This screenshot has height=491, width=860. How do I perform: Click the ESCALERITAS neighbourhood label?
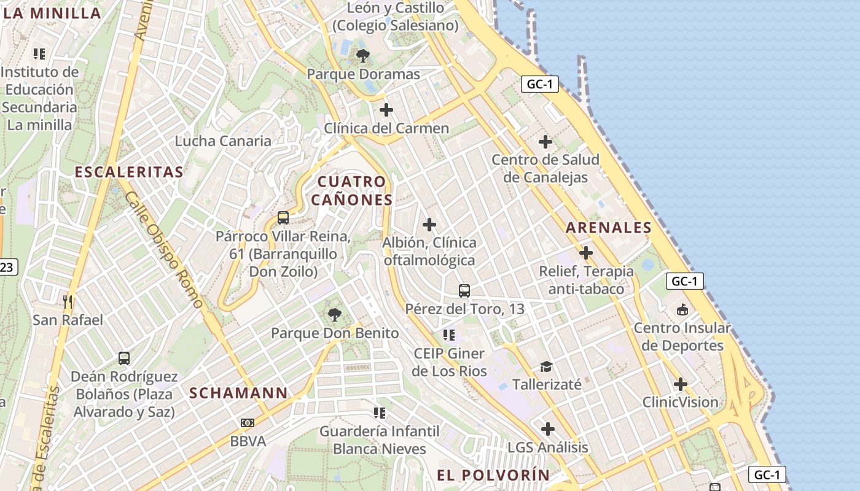coord(129,172)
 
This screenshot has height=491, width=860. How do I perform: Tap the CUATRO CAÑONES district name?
coord(351,190)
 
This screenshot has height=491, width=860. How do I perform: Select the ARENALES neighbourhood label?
coord(608,228)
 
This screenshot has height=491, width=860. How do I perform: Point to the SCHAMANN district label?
coord(238,393)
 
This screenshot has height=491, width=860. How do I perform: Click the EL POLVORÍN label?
coord(493,475)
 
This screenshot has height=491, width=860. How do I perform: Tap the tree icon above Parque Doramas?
coord(363,56)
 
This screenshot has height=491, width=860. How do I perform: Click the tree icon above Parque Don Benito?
coord(335,315)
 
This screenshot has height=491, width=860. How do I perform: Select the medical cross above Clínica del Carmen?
coord(386,110)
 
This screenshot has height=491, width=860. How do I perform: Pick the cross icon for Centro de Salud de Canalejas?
coord(545,142)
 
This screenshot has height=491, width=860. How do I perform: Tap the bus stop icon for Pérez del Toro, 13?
coord(464,290)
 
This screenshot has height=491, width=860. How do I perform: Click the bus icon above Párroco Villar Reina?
coord(283,217)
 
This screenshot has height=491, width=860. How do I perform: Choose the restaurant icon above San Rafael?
coord(68,301)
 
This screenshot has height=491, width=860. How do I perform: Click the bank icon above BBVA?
coord(248,422)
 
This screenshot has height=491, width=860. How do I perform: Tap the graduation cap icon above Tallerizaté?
coord(546,366)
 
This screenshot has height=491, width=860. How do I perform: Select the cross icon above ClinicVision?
coord(680,384)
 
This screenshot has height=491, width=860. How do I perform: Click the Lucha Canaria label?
coord(223,141)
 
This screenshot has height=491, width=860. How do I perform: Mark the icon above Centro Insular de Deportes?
coord(682,309)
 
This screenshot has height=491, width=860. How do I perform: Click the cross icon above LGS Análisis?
coord(547,429)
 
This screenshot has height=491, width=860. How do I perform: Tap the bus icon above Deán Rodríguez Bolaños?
coord(124,358)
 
